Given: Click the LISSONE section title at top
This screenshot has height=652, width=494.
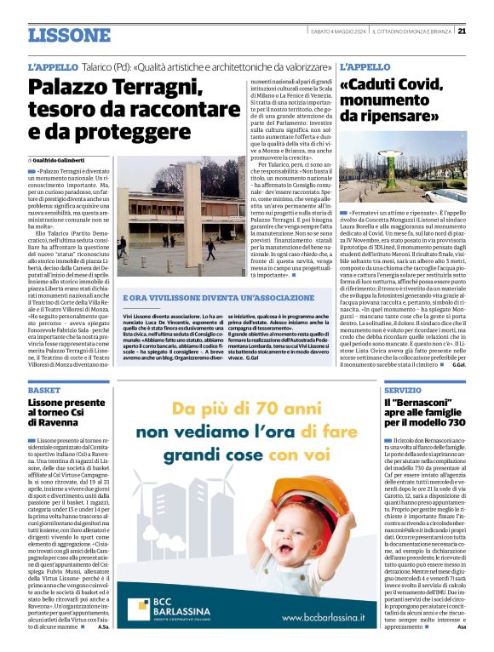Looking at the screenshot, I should (x=69, y=35).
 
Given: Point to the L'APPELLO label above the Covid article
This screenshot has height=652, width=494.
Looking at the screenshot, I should (x=365, y=66).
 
